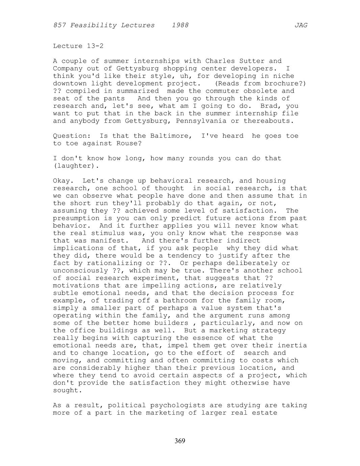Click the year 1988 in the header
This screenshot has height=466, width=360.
pos(180,25)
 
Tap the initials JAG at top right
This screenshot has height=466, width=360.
pos(301,25)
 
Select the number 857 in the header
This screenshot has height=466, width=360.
pos(59,25)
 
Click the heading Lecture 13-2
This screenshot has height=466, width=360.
pos(78,46)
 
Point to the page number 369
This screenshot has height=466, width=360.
pos(180,441)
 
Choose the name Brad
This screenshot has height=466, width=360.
pos(269,106)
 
